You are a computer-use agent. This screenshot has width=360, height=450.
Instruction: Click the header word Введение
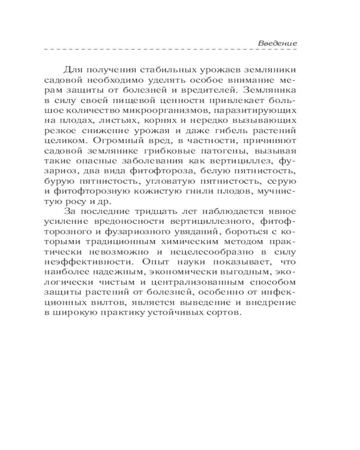(277, 43)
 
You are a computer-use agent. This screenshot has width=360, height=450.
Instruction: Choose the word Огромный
(102, 140)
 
